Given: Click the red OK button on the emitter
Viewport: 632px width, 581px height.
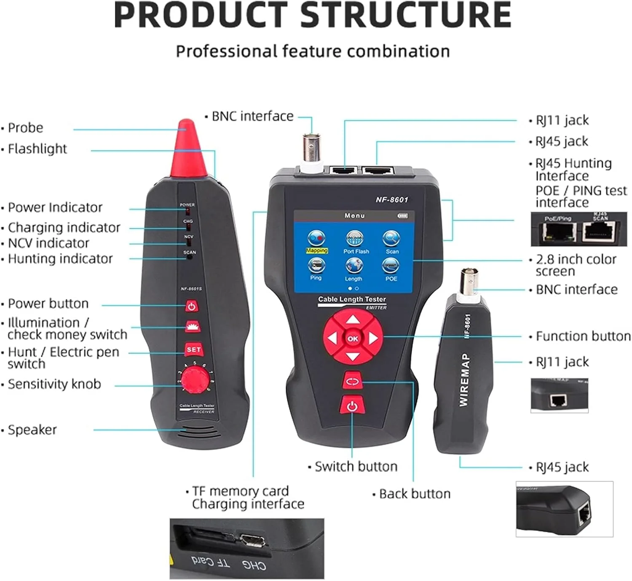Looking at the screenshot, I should point(353,338).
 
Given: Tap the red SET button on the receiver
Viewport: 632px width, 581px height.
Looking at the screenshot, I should point(193,350).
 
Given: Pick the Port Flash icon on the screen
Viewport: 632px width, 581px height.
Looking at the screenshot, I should point(355,239).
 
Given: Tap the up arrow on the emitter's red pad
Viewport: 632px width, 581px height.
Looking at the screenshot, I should point(353,320).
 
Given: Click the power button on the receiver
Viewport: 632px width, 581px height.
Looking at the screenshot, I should point(192,306).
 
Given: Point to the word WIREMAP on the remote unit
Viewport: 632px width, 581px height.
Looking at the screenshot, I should point(464,380).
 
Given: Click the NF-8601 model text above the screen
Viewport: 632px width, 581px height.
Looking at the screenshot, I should point(392,200).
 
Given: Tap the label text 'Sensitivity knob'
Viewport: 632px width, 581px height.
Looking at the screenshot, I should point(54,384).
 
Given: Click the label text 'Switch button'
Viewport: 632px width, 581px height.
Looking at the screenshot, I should point(356,466).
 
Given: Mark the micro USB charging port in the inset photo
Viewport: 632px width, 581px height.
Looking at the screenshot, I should point(252,540).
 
